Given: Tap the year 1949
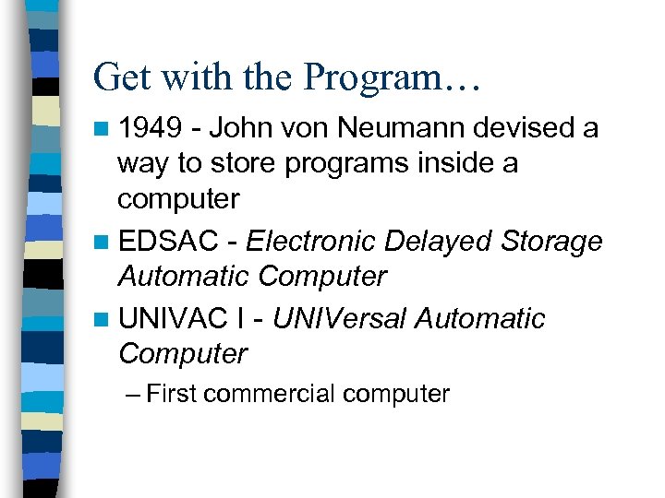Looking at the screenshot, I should [x=150, y=128].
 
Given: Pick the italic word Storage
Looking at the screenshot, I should [x=552, y=242].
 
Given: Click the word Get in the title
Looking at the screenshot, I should [x=122, y=77].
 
